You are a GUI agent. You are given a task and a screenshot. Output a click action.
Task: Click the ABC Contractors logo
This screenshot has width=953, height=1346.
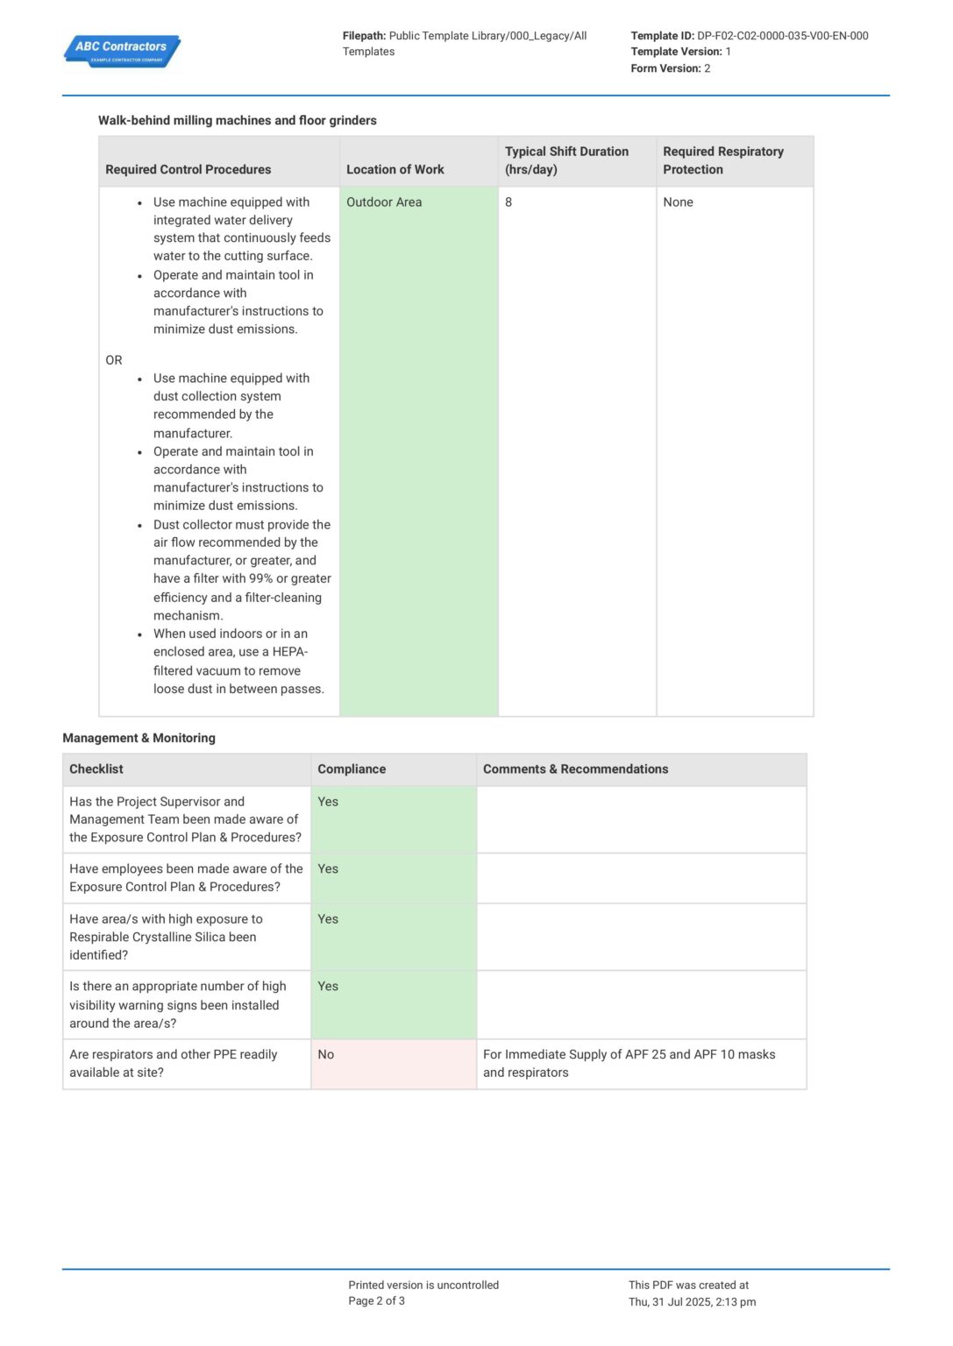pyautogui.click(x=122, y=51)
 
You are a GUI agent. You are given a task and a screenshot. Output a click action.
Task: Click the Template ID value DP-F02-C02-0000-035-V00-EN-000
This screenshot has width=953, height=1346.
pyautogui.click(x=782, y=36)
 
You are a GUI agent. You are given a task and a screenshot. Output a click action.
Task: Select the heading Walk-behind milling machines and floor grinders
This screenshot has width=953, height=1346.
pyautogui.click(x=237, y=121)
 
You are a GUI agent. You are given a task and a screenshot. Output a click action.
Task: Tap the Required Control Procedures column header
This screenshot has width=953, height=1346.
pyautogui.click(x=188, y=170)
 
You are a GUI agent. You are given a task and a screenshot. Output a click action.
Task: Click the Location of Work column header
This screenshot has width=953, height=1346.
pyautogui.click(x=395, y=170)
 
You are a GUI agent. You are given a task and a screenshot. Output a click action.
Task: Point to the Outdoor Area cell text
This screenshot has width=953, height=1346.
pyautogui.click(x=384, y=202)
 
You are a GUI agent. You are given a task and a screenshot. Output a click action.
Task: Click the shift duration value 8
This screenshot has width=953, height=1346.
pyautogui.click(x=509, y=202)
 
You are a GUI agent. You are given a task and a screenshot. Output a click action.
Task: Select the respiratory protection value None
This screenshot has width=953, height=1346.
pyautogui.click(x=678, y=202)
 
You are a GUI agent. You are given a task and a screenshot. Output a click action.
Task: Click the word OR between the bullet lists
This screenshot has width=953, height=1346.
pyautogui.click(x=114, y=360)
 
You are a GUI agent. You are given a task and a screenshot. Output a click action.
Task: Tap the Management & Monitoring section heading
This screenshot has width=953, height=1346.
pyautogui.click(x=139, y=738)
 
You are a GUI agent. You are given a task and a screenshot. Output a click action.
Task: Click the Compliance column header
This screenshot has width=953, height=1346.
pyautogui.click(x=352, y=769)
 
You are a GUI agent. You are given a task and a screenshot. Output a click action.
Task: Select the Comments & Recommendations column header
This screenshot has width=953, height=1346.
pyautogui.click(x=575, y=769)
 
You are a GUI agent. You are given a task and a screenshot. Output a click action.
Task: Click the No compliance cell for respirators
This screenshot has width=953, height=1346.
pyautogui.click(x=326, y=1055)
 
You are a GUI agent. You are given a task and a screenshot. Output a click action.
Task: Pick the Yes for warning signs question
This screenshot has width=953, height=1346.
pyautogui.click(x=328, y=987)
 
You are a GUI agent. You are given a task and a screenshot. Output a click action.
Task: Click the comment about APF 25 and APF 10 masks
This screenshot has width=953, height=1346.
pyautogui.click(x=629, y=1064)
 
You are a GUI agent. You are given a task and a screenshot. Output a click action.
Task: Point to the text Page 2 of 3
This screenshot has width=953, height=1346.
pyautogui.click(x=376, y=1301)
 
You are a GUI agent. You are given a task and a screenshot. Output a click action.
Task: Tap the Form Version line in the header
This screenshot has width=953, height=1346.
pyautogui.click(x=670, y=68)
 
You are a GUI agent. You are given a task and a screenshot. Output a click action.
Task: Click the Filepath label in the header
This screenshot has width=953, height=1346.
pyautogui.click(x=364, y=36)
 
